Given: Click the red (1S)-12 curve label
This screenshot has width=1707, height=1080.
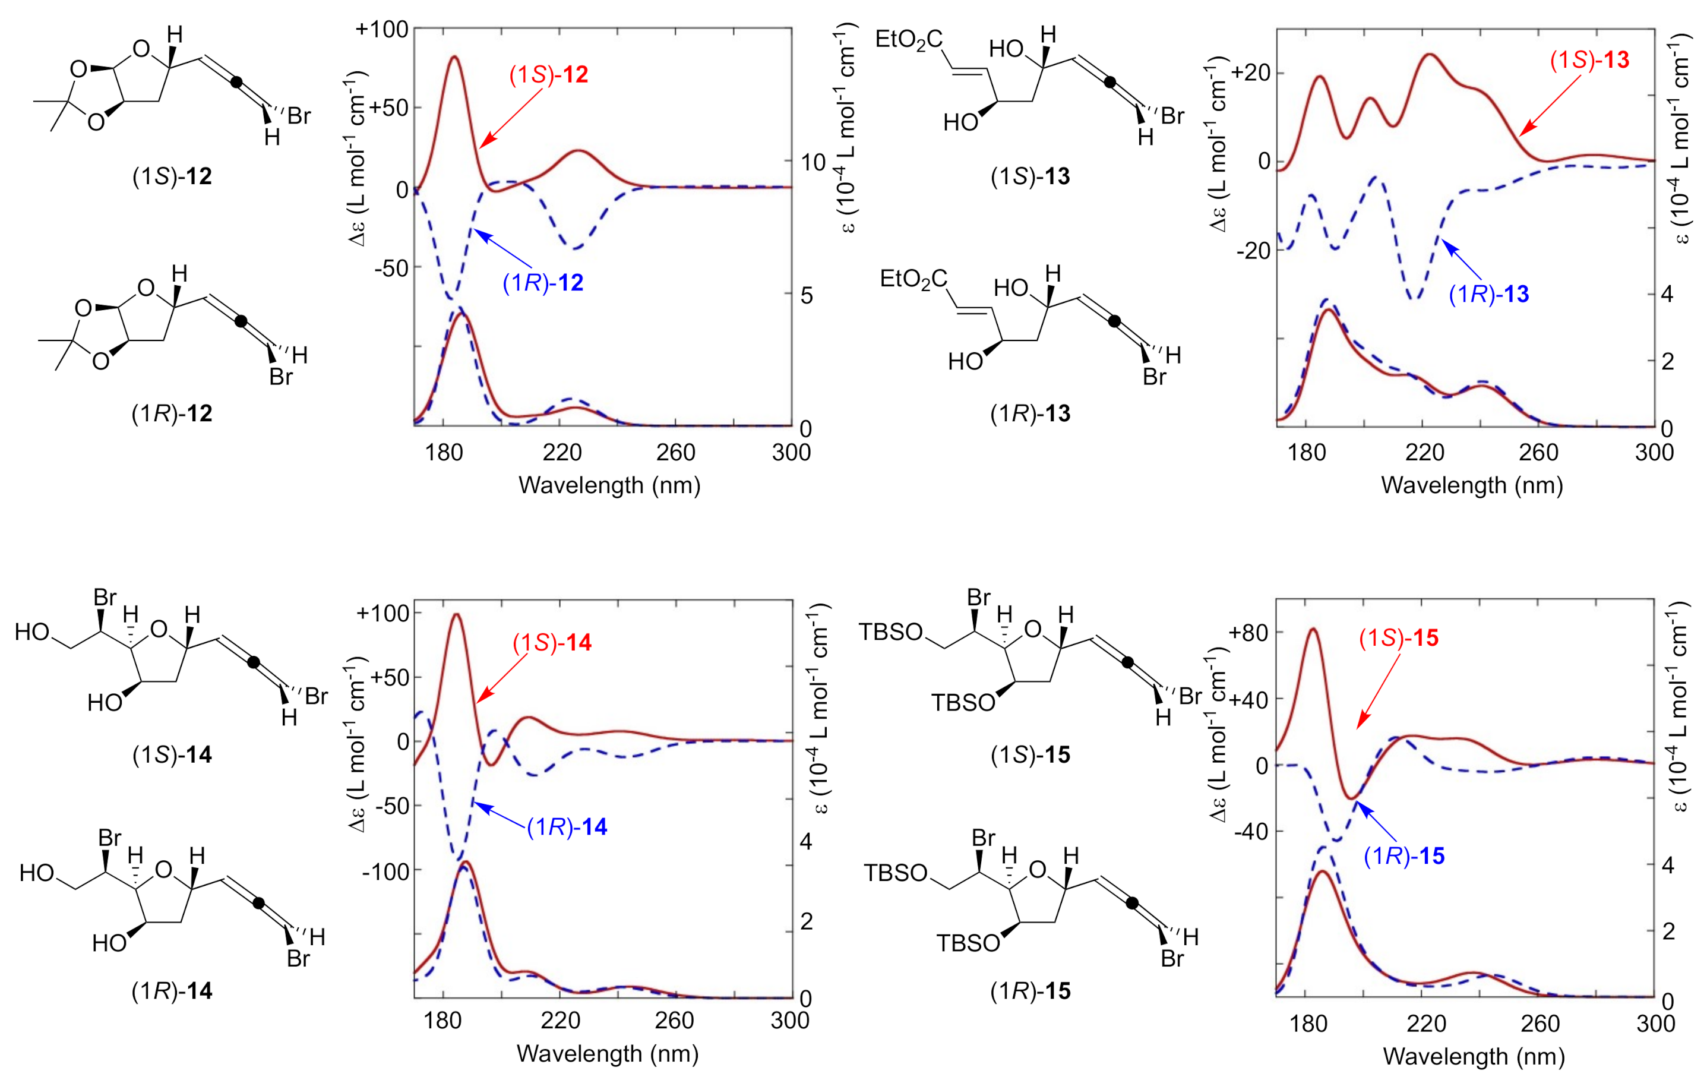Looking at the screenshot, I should point(548,74).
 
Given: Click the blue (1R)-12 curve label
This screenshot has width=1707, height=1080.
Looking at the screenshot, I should point(542,282).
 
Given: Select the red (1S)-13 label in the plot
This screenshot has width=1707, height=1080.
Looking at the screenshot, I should point(1589,60).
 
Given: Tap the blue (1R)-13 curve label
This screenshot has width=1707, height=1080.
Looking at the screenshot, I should point(1488,293).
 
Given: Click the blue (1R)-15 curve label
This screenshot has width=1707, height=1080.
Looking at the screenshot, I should point(1403,856).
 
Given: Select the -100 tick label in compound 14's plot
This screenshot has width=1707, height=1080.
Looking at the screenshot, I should point(385,871).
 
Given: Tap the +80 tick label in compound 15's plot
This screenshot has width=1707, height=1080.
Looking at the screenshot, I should point(1248,633).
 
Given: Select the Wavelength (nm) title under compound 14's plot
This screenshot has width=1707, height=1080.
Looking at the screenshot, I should point(608,1053).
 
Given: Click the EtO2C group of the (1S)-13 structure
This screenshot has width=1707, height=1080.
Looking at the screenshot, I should point(909,39).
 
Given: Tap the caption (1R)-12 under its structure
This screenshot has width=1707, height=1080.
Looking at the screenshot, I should point(172,413).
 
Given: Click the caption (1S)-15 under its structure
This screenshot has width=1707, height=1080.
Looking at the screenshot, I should point(1030,754).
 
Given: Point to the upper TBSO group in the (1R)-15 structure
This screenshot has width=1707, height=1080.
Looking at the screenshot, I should point(894,872).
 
